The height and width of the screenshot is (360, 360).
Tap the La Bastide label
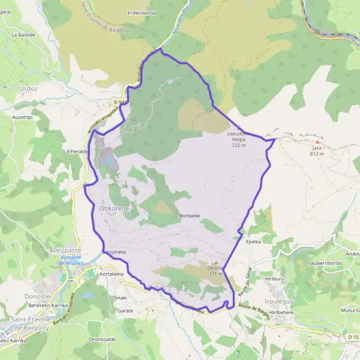(23, 35)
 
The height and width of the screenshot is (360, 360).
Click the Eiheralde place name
(79, 152)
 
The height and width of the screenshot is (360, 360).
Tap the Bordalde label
(189, 215)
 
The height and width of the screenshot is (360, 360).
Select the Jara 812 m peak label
(317, 151)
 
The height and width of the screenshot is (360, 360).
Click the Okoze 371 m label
(215, 271)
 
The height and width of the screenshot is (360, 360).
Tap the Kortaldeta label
(111, 274)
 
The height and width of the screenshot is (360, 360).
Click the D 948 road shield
(123, 102)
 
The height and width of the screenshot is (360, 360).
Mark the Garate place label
(125, 311)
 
